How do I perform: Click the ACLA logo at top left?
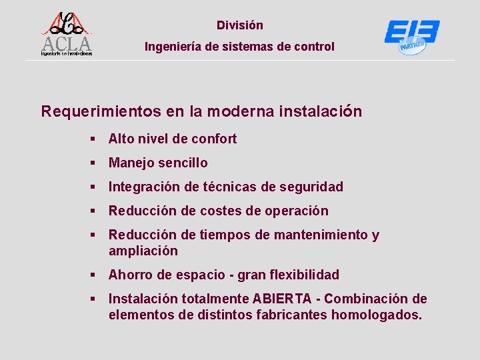click(x=66, y=33)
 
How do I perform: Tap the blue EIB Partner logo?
click(x=411, y=37)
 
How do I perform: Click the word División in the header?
click(x=240, y=25)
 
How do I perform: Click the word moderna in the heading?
click(x=240, y=111)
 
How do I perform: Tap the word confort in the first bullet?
click(x=214, y=139)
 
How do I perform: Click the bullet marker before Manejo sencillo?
click(x=95, y=163)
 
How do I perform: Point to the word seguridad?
click(x=312, y=187)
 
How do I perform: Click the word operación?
click(x=297, y=211)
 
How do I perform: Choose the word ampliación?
click(x=143, y=251)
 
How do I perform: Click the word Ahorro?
click(x=130, y=275)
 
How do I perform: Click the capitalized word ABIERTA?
click(x=278, y=299)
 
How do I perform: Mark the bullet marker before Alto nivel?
click(x=95, y=139)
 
